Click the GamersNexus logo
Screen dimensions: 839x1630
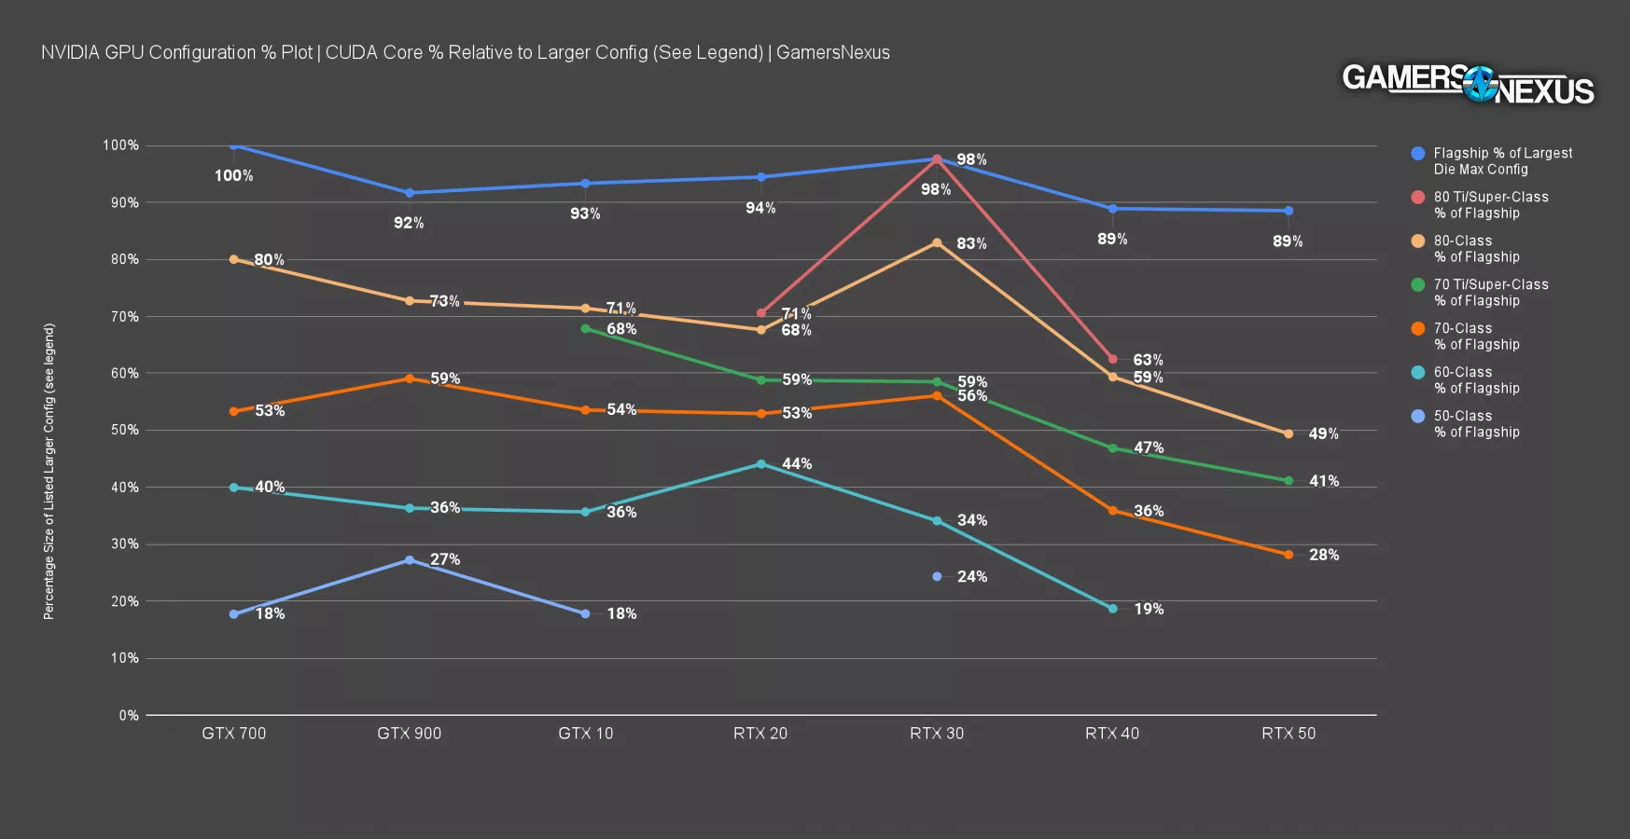pyautogui.click(x=1468, y=85)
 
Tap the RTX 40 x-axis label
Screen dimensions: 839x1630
pyautogui.click(x=1112, y=734)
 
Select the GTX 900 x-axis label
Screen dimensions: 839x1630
pyautogui.click(x=409, y=734)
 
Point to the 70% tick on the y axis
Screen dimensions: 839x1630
pyautogui.click(x=125, y=317)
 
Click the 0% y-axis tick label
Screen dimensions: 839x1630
pyautogui.click(x=129, y=716)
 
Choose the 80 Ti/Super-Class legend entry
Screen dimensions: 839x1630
pyautogui.click(x=1490, y=205)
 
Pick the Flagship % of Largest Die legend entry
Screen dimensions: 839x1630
pyautogui.click(x=1502, y=161)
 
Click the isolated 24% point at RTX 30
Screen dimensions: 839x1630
pyautogui.click(x=937, y=577)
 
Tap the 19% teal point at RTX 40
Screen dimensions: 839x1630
pyautogui.click(x=1112, y=609)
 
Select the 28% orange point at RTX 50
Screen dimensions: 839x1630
pyautogui.click(x=1289, y=555)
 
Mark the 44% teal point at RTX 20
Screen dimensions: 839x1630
pyautogui.click(x=761, y=464)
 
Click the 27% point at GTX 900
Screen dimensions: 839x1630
pyautogui.click(x=410, y=560)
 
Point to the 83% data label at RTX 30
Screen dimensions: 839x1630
pyautogui.click(x=971, y=244)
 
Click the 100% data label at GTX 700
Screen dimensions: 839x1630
pyautogui.click(x=233, y=176)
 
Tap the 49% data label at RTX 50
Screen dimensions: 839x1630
pyautogui.click(x=1323, y=434)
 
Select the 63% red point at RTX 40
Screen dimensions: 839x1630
pyautogui.click(x=1112, y=359)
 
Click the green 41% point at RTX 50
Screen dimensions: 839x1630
pyautogui.click(x=1289, y=481)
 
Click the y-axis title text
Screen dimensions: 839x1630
pyautogui.click(x=49, y=472)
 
